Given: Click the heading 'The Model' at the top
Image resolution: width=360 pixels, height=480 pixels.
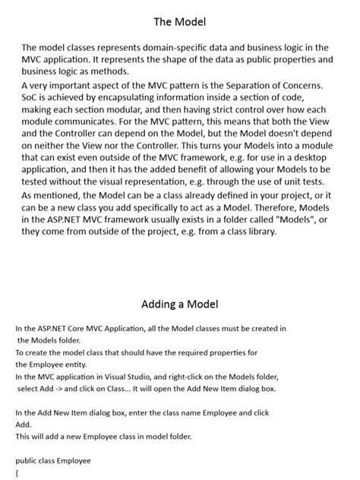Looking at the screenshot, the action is click(x=180, y=21).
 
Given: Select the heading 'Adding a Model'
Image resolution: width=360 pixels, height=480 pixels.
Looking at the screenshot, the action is click(x=180, y=305).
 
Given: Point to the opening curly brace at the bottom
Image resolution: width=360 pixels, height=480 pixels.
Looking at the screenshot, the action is click(x=17, y=472).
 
